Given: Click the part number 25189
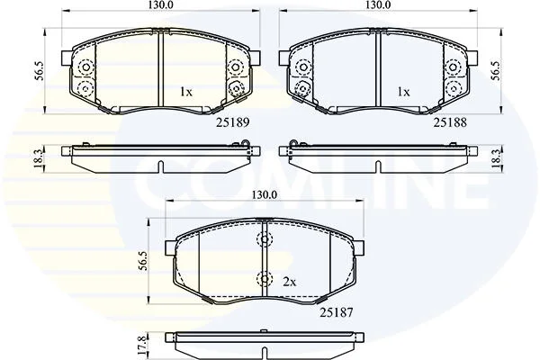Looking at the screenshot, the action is (x=232, y=122).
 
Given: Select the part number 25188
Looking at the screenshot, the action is (x=450, y=122).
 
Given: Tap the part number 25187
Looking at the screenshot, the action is (x=337, y=312).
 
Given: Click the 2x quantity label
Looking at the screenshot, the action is (x=289, y=283).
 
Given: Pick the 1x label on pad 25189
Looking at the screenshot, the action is (x=186, y=92).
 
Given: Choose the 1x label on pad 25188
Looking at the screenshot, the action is (x=403, y=92).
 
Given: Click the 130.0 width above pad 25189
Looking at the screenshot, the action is (x=161, y=4).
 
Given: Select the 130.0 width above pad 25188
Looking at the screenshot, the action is (x=378, y=4).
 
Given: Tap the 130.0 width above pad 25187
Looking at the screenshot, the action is (x=264, y=195).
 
